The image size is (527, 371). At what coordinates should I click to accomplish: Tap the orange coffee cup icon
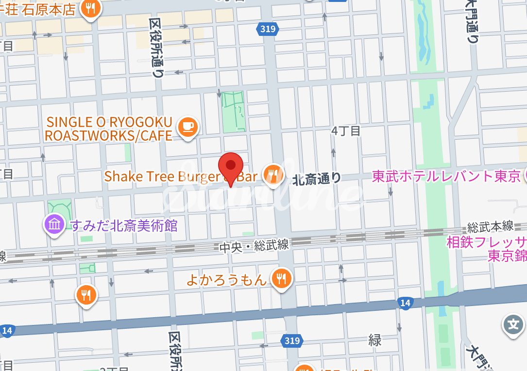pos(188,128)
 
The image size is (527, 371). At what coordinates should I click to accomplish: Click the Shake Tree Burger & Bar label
pos(180,177)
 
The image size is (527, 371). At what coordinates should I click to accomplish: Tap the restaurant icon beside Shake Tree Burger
pos(273,175)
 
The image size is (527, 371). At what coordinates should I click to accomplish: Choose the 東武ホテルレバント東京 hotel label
pos(446,177)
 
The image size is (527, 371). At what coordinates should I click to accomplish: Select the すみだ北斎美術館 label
pos(124,226)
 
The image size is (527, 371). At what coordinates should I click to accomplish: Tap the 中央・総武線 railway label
pos(254,246)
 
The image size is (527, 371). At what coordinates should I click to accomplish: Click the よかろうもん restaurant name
pos(227,280)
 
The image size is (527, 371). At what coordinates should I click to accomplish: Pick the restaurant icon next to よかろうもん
pos(281,279)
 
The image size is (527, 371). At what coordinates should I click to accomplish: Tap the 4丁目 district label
pos(346,131)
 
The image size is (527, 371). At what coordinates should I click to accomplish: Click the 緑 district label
pos(374,340)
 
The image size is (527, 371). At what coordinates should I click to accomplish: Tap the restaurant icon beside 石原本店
pos(90,8)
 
